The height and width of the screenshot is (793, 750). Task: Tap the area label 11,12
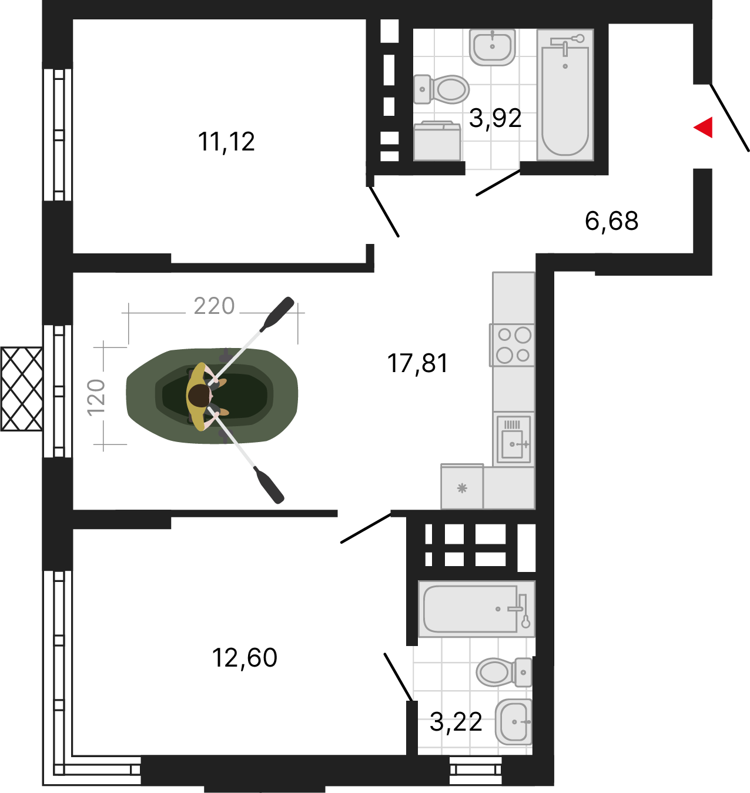pos(226,142)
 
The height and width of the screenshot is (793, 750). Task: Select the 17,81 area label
pos(417,363)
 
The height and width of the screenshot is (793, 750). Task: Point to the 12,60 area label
pos(245,658)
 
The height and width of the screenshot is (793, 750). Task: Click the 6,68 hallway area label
pos(612,221)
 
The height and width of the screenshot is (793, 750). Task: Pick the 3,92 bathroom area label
pos(495,119)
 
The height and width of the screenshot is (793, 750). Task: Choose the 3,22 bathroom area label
pos(456,722)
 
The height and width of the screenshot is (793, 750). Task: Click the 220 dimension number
pos(214,306)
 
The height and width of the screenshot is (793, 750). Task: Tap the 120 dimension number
pos(96,397)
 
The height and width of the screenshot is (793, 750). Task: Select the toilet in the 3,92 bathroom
pos(441,89)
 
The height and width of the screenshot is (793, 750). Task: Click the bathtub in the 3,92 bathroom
pos(565,95)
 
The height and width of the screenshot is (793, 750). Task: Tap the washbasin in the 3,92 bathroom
pos(492,47)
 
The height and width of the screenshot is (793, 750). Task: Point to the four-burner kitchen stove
pos(513,345)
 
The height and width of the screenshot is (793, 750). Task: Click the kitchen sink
pos(514,439)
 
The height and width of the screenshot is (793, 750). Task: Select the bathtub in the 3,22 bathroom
pos(477,609)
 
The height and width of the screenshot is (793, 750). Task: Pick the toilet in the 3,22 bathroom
pos(504,672)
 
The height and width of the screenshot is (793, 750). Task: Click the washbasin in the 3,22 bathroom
pos(513,722)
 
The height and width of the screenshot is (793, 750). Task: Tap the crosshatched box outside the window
pos(21,389)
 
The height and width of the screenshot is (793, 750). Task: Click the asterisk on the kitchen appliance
pos(462,488)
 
